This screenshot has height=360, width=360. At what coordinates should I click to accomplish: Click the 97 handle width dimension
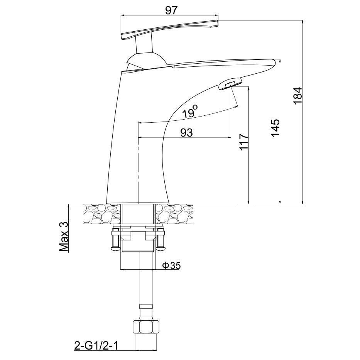pyautogui.click(x=171, y=10)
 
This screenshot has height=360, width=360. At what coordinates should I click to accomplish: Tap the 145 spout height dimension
pyautogui.click(x=275, y=128)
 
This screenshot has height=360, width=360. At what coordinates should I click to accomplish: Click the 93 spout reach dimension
pyautogui.click(x=186, y=132)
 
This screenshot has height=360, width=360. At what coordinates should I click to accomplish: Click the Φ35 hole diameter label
pyautogui.click(x=171, y=265)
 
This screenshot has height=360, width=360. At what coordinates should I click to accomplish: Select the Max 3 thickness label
pyautogui.click(x=64, y=237)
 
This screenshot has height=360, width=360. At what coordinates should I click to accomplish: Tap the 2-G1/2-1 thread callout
pyautogui.click(x=96, y=345)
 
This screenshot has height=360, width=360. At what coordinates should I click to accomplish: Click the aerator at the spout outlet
pyautogui.click(x=230, y=84)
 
